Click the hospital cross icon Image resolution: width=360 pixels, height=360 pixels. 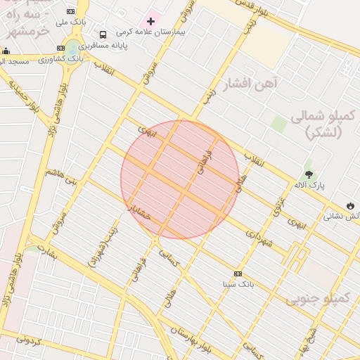click(150, 22)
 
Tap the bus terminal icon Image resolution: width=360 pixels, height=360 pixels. click(103, 34)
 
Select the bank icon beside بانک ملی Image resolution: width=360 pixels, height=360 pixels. click(70, 11)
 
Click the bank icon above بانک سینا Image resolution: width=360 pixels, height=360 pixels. click(238, 274)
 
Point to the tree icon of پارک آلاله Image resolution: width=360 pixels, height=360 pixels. click(309, 174)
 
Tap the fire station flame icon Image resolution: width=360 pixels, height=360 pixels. click(350, 206)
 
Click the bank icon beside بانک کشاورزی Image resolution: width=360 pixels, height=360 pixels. click(60, 48)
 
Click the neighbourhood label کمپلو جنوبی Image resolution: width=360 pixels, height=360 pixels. click(317, 299)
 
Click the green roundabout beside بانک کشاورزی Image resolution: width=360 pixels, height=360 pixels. click(73, 49)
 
